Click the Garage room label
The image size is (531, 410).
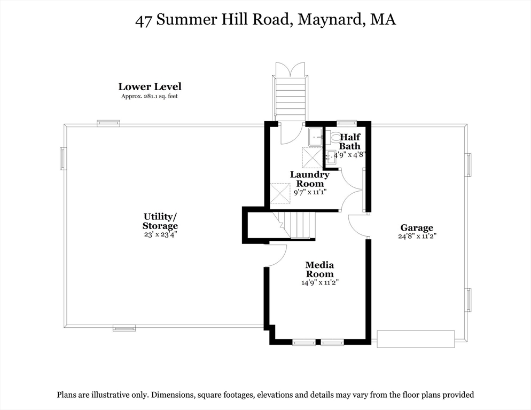click(417, 228)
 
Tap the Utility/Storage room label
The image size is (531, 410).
click(160, 221)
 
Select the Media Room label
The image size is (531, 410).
click(319, 269)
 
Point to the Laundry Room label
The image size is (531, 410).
click(310, 179)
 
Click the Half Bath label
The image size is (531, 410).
click(350, 141)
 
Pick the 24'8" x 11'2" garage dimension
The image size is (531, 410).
click(417, 236)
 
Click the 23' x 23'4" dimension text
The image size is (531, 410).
click(160, 234)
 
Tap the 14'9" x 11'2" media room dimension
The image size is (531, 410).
click(320, 282)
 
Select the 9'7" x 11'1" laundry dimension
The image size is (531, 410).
click(310, 192)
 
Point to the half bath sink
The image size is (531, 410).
click(330, 157)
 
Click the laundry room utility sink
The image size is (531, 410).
click(316, 137)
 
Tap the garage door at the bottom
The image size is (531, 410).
click(416, 339)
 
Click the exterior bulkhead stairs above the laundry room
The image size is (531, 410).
click(291, 96)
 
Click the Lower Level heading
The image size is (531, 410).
click(150, 86)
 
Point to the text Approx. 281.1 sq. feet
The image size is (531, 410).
click(150, 97)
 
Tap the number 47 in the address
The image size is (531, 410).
click(143, 21)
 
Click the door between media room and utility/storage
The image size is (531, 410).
click(276, 255)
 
